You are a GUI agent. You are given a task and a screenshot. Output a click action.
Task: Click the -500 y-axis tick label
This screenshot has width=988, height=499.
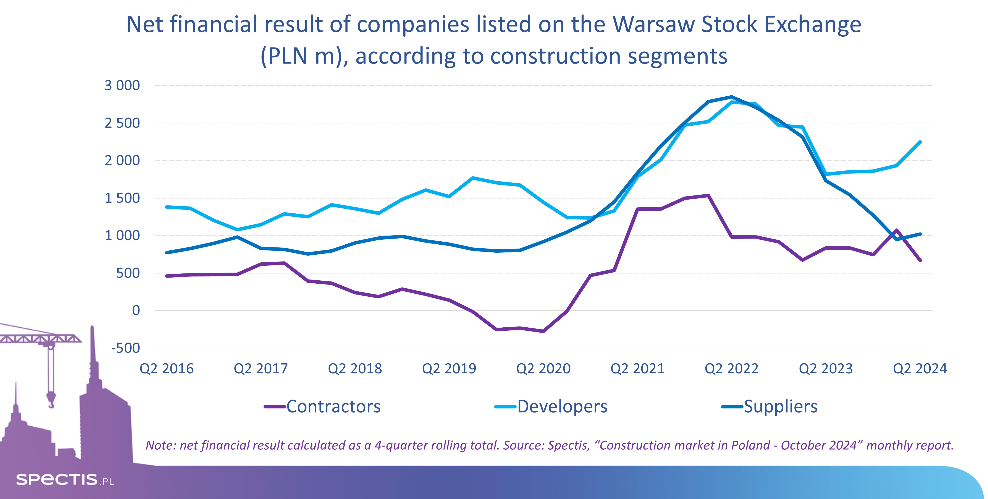point(125,348)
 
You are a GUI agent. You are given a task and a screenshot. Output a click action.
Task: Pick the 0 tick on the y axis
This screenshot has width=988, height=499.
point(136,310)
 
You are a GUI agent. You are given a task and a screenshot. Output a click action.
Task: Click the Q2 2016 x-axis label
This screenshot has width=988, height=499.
point(167,369)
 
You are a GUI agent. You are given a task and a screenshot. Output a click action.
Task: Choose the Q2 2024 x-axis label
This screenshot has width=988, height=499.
point(920,369)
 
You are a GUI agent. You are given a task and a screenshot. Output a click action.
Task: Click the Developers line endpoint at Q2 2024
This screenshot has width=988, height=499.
point(920,142)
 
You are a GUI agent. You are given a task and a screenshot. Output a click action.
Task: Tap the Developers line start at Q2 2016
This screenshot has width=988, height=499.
point(167,207)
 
